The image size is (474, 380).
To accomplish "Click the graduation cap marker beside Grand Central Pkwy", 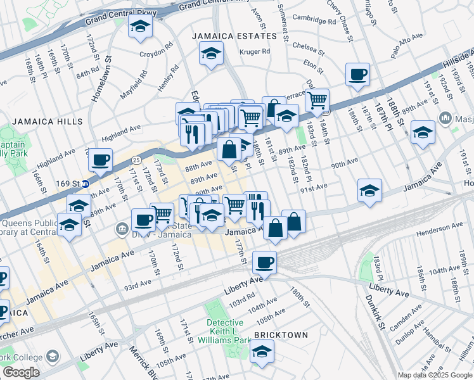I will coord(139,27).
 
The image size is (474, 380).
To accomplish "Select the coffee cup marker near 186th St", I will coord(357,74).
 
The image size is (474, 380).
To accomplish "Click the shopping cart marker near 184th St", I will coord(317,99).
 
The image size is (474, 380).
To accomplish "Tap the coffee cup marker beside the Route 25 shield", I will coord(100,160).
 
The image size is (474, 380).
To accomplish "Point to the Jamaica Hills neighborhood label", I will coord(46,121).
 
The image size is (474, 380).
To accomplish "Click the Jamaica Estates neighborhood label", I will coord(235,36).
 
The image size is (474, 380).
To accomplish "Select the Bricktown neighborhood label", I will coord(281,334).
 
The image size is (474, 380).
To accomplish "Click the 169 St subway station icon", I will coord(86,184).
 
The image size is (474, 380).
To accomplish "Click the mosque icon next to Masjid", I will coord(445,118).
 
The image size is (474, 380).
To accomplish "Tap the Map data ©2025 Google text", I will coord(435,375).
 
